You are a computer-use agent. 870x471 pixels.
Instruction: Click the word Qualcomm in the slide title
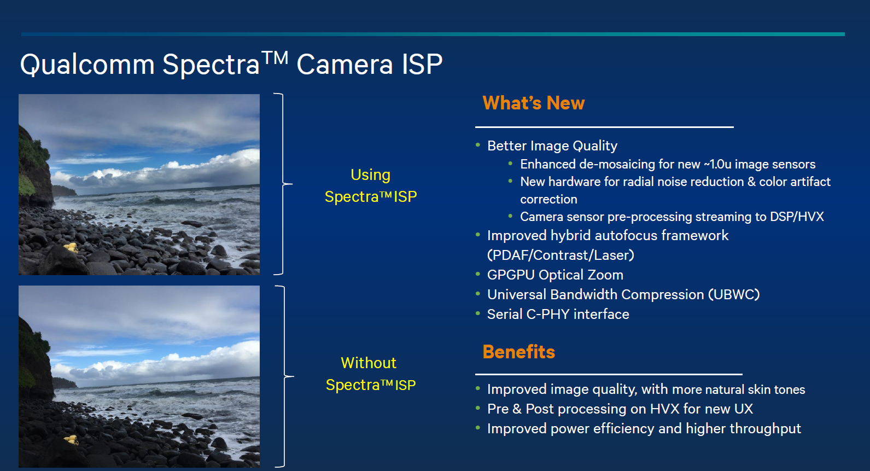[x=87, y=65]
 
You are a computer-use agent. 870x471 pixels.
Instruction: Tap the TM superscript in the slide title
[x=275, y=58]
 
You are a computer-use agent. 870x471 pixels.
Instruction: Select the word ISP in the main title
[x=422, y=64]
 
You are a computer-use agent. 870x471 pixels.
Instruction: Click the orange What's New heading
[x=533, y=103]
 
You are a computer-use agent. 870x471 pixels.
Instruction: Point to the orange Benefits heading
[x=518, y=352]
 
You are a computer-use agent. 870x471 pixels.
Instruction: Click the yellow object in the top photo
[x=71, y=247]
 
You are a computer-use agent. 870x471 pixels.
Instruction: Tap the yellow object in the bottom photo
[x=72, y=439]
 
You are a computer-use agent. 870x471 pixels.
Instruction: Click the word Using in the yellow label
[x=371, y=175]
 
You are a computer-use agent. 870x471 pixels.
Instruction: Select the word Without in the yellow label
[x=368, y=363]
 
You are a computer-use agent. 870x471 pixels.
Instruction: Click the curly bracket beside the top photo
[x=283, y=184]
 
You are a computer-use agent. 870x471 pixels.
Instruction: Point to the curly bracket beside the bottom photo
[x=284, y=376]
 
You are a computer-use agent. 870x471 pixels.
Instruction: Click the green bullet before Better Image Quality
[x=478, y=145]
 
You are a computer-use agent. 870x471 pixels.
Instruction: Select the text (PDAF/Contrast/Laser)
[x=560, y=255]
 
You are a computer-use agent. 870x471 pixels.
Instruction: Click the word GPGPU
[x=511, y=275]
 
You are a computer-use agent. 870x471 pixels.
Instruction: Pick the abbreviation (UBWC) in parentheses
[x=734, y=294]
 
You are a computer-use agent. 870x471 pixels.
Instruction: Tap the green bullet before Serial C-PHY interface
[x=478, y=313]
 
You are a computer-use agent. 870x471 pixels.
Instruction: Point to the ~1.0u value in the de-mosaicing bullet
[x=717, y=164]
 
